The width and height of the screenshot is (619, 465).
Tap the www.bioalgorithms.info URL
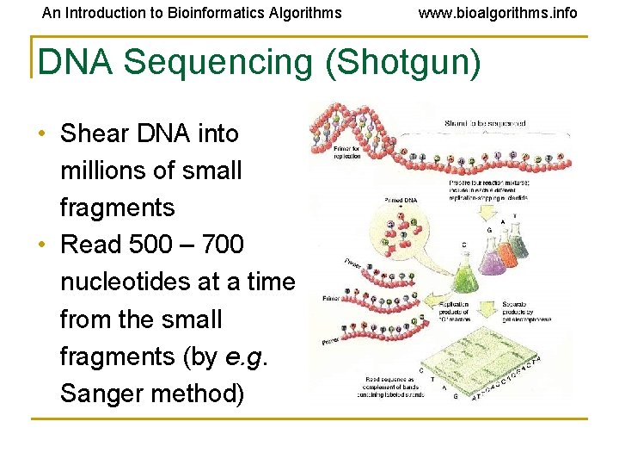498,13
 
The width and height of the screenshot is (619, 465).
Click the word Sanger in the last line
104,394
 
